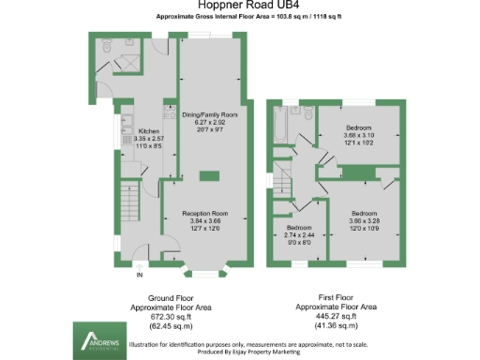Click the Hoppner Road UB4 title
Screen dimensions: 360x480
click(240, 7)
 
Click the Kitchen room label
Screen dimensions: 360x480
click(149, 131)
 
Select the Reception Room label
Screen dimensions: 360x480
click(205, 214)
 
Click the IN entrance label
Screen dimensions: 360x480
click(140, 275)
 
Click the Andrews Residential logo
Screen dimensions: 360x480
click(99, 338)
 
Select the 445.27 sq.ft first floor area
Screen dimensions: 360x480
click(337, 316)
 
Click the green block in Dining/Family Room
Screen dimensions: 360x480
click(211, 177)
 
